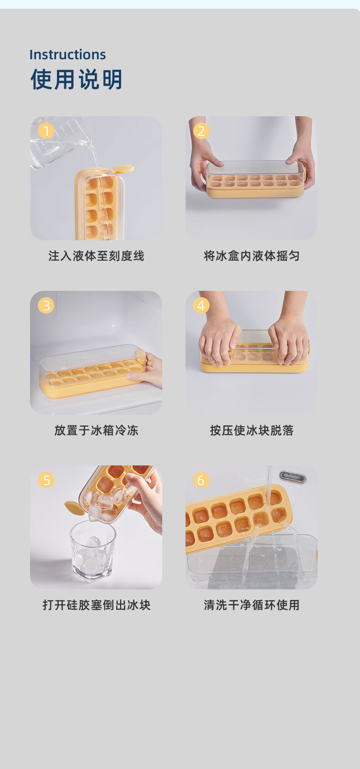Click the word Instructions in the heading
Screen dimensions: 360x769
pos(67,55)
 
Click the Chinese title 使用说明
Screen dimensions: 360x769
pos(77,79)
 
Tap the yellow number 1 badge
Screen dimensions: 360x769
pos(46,131)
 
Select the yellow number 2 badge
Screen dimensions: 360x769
pos(201,131)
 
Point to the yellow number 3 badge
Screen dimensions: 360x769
pos(46,305)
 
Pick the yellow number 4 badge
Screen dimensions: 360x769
pos(201,305)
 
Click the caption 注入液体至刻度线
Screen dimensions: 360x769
pos(96,256)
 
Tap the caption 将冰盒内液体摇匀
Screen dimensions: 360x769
pos(252,256)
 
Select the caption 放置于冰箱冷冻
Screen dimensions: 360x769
pos(96,430)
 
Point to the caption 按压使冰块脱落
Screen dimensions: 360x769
pos(252,430)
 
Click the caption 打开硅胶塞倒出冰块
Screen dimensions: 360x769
pos(97,605)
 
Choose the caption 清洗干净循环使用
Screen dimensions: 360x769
pos(252,605)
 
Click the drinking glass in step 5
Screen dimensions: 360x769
pos(93,552)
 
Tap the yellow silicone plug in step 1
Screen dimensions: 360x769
pos(123,169)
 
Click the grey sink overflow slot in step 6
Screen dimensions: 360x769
pos(293,477)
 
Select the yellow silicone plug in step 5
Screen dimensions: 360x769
pos(74,507)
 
